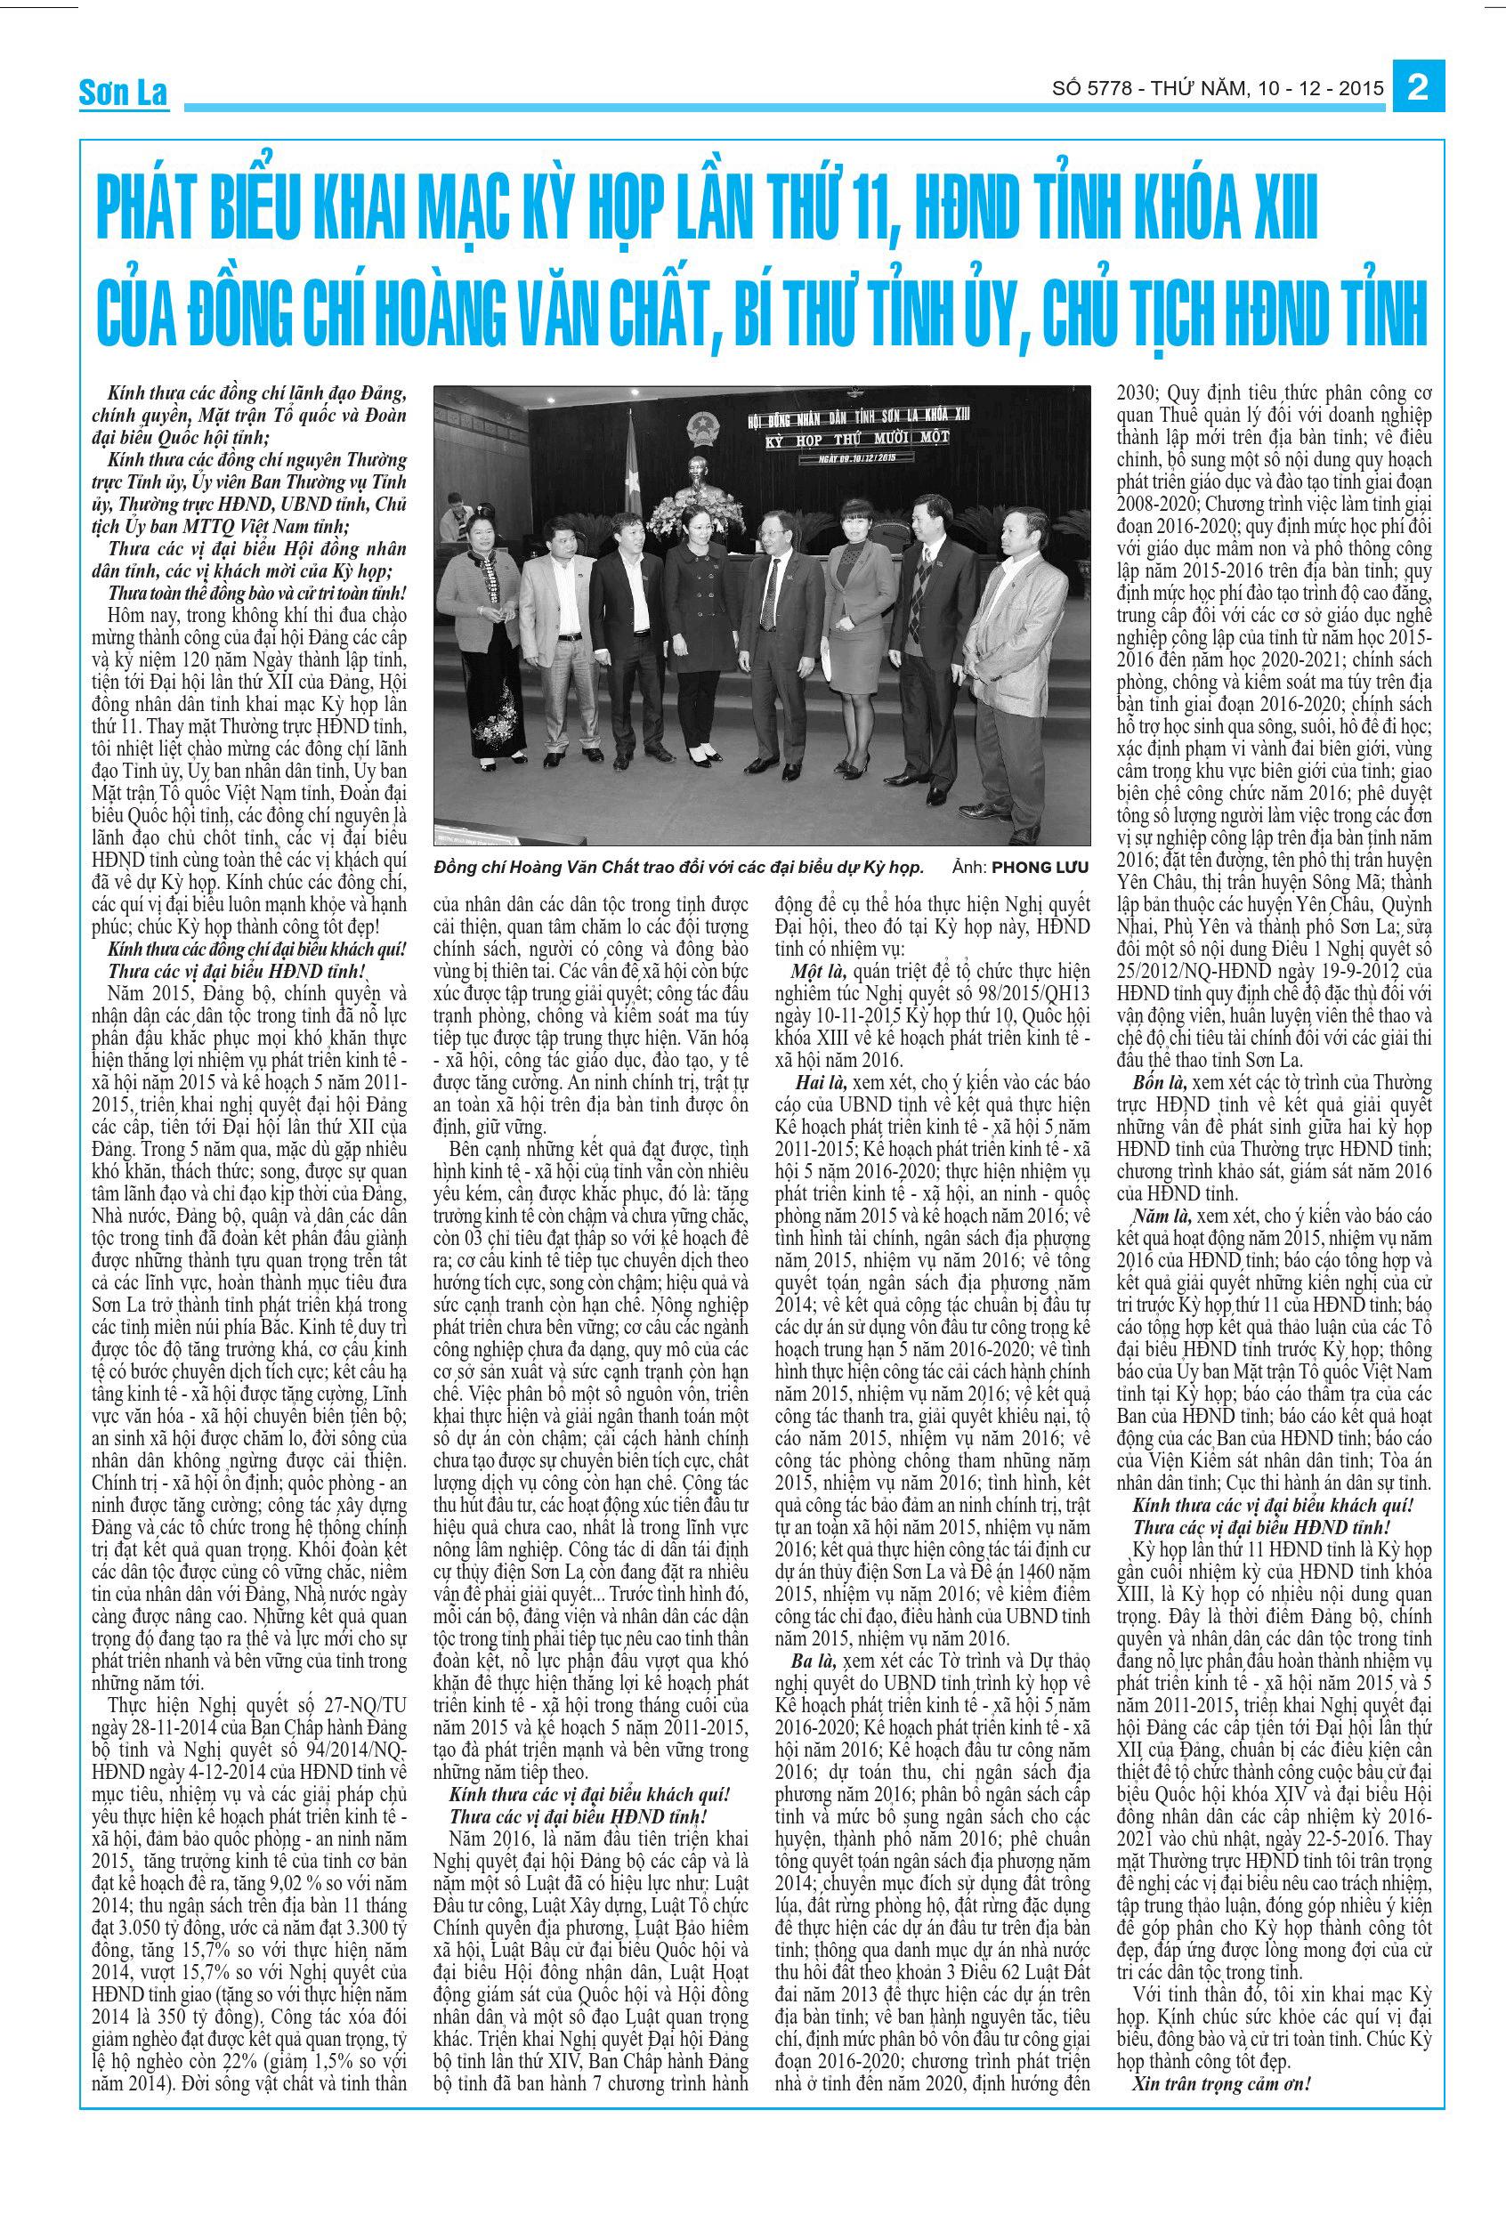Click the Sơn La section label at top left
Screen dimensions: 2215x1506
pyautogui.click(x=123, y=93)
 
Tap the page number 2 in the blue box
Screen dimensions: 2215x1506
pyautogui.click(x=1417, y=89)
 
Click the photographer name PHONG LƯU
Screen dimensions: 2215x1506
pyautogui.click(x=1038, y=868)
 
